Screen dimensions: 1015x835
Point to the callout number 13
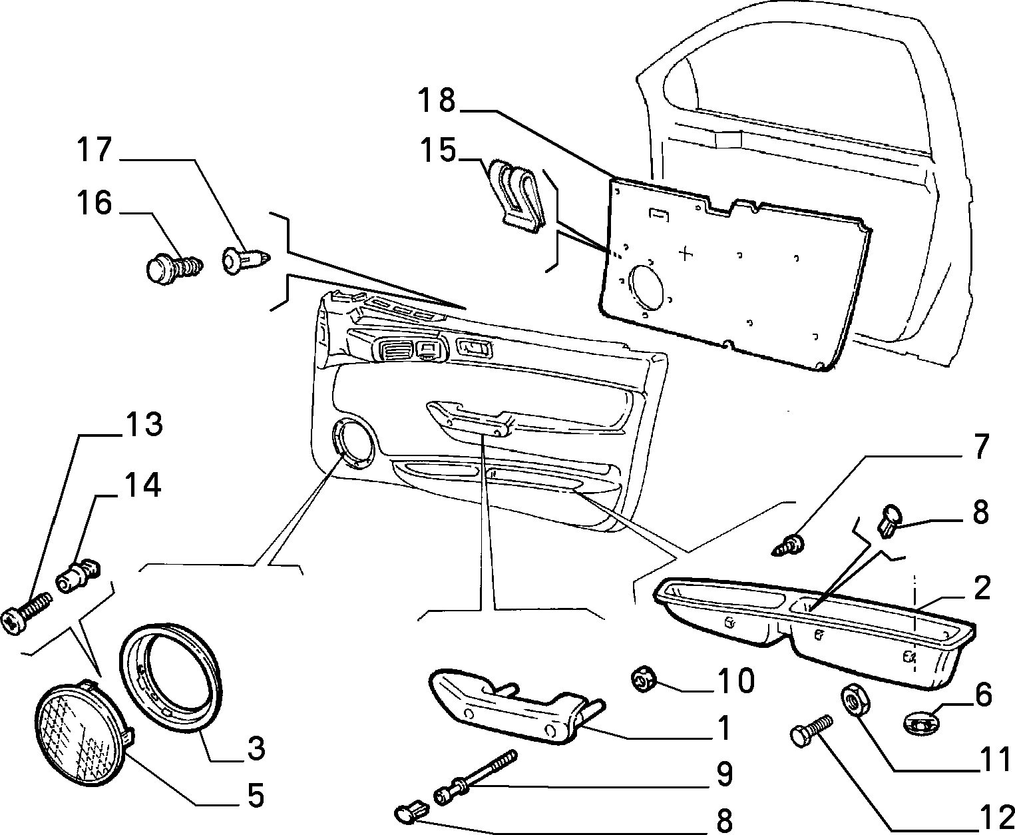pyautogui.click(x=144, y=424)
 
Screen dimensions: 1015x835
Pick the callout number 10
pyautogui.click(x=736, y=681)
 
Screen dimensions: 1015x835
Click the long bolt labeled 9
pyautogui.click(x=475, y=776)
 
